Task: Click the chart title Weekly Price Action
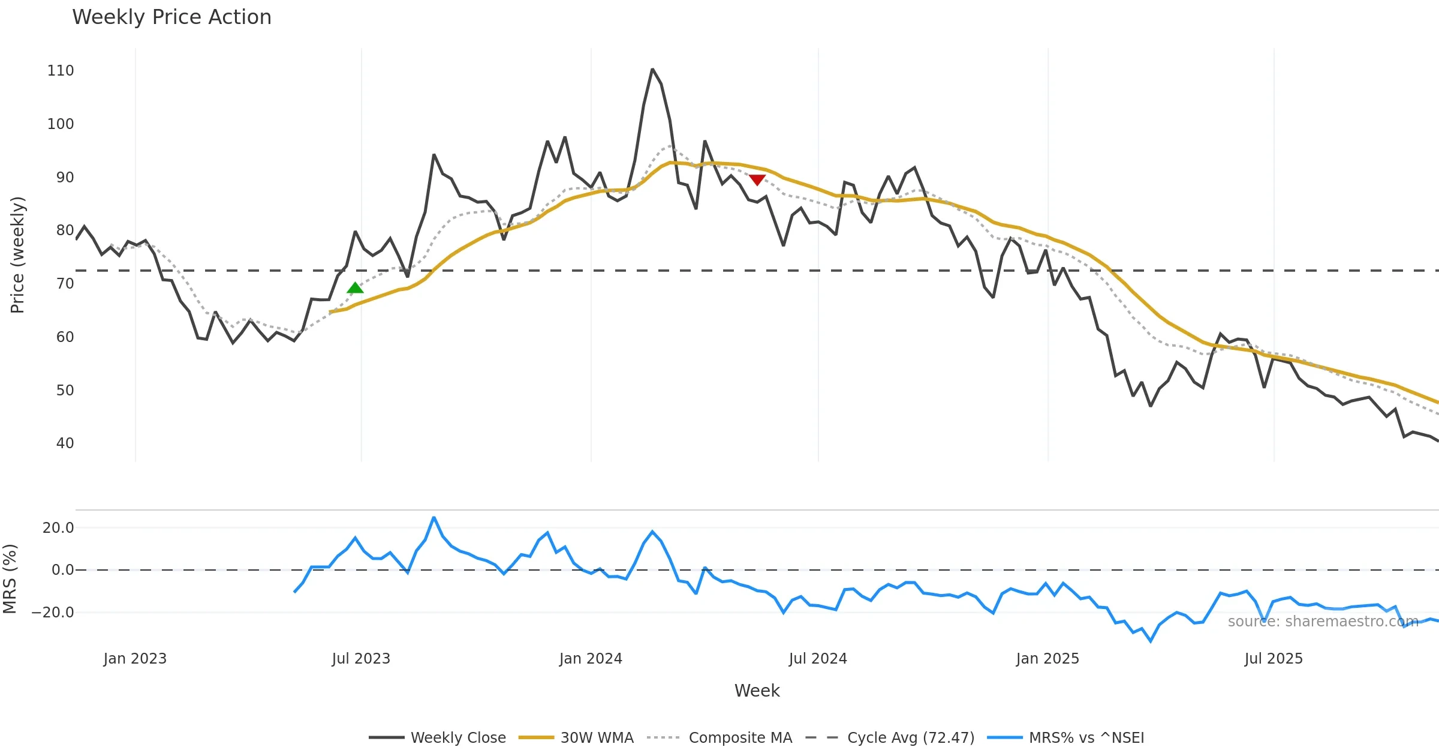171,17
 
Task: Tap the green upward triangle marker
355,288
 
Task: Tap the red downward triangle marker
757,179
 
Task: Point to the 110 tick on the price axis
61,71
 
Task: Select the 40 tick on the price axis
65,443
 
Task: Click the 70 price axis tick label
65,284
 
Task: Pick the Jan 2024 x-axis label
591,659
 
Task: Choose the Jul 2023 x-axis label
361,659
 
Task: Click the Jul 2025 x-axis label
1274,659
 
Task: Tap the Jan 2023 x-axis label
135,659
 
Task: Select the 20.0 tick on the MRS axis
58,528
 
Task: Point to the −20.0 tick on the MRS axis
53,613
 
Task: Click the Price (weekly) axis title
17,255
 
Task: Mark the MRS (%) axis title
10,579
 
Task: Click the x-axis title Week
757,691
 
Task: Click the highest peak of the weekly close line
652,70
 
